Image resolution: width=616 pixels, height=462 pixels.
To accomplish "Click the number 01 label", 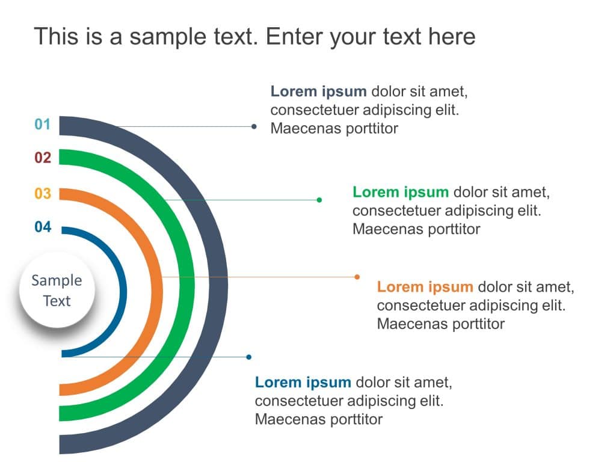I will click(x=43, y=125).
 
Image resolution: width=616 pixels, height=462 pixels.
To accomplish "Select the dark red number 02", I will click(x=43, y=158).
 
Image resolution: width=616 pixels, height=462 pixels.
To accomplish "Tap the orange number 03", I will click(x=43, y=194).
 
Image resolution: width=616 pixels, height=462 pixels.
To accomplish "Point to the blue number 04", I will click(x=43, y=227).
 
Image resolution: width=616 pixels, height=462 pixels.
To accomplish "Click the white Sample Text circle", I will click(x=57, y=291).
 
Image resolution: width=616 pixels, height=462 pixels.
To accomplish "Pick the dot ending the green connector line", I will click(x=319, y=200).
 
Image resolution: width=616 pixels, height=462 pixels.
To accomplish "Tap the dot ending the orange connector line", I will click(x=357, y=277).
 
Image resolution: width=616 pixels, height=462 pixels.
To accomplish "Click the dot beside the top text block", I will click(x=254, y=126).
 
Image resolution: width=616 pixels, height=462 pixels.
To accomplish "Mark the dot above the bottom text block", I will click(x=249, y=357).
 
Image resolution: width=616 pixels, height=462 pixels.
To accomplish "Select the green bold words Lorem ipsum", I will click(x=401, y=192).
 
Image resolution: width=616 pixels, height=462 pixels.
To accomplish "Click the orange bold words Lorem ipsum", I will click(x=425, y=286).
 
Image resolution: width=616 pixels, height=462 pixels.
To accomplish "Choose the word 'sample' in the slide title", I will click(x=161, y=37).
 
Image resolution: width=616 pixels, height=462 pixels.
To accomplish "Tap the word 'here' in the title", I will click(x=452, y=37).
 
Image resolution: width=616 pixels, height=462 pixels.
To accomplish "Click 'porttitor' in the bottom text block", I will click(x=355, y=419).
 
